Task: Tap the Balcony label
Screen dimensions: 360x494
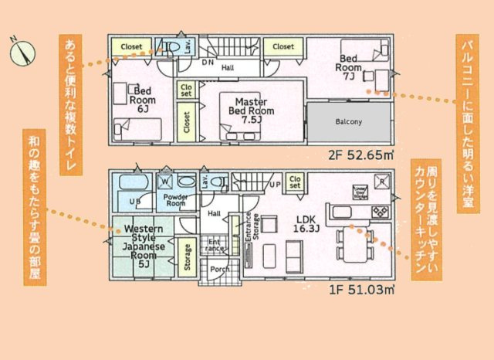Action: [349, 122]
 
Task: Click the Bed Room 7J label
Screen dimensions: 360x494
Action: [347, 66]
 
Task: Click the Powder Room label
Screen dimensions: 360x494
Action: [178, 201]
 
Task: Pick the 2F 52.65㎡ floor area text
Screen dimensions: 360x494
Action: [363, 154]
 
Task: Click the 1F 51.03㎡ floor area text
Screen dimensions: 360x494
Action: [361, 290]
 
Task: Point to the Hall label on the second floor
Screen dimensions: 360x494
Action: [228, 68]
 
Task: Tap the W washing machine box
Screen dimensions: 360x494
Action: [164, 182]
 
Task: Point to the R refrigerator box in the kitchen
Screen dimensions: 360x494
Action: [381, 183]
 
